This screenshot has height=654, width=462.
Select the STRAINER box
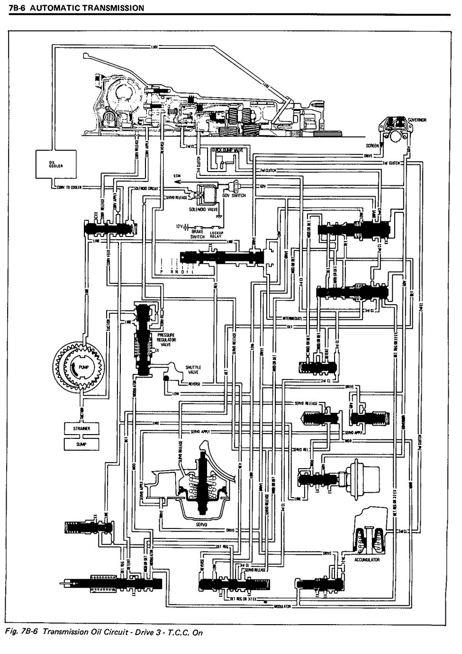(x=79, y=428)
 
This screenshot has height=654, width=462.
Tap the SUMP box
(x=79, y=444)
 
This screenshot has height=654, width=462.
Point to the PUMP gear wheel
(x=78, y=368)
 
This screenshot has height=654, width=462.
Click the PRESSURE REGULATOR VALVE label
(x=166, y=340)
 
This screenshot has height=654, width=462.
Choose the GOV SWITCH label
(x=236, y=196)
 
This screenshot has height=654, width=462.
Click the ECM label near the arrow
(x=178, y=176)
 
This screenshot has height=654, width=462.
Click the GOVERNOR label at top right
(x=417, y=120)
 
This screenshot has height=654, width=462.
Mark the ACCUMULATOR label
(x=367, y=559)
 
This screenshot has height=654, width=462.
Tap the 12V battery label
(x=179, y=227)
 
